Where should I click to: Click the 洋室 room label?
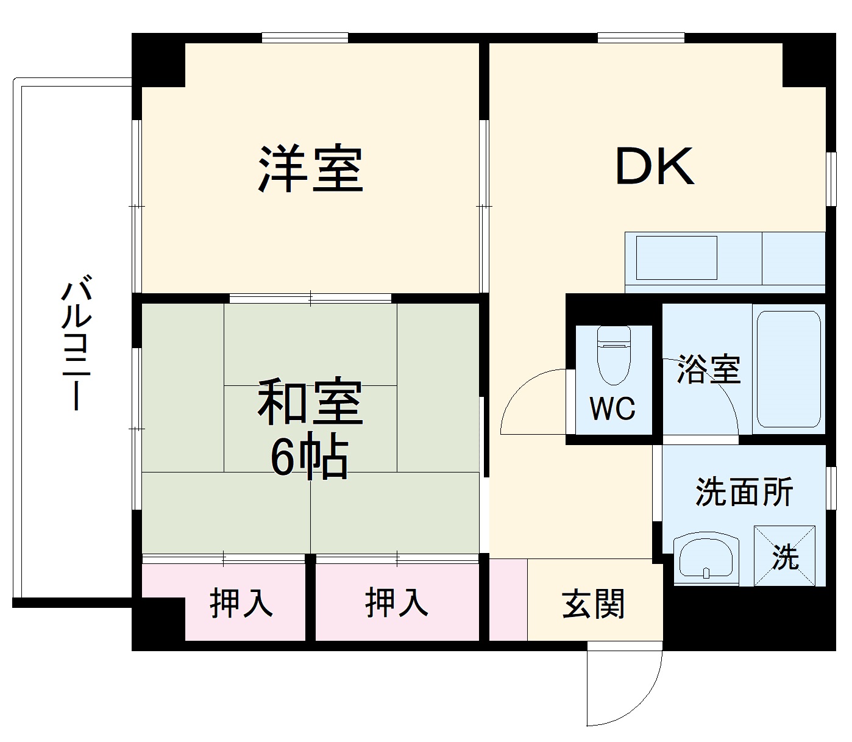point(310,169)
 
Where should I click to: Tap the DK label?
point(655,166)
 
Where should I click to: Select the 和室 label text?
point(310,402)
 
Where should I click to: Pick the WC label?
point(612,408)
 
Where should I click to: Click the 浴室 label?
point(708,369)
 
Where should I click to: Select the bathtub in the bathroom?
point(789,369)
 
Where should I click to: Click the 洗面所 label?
point(744,491)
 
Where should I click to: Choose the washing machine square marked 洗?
point(785,555)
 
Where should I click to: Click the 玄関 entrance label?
point(593,604)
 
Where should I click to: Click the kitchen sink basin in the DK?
point(676,257)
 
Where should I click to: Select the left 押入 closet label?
point(241,603)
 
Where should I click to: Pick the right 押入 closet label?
point(397,603)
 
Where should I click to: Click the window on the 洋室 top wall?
point(305,38)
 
